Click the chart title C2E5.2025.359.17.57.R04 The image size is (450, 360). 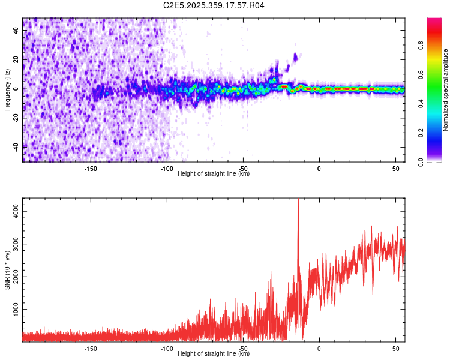pyautogui.click(x=214, y=5)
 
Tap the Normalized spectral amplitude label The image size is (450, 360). pyautogui.click(x=446, y=90)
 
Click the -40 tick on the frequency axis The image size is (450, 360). pyautogui.click(x=14, y=146)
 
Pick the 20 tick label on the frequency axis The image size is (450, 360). pyautogui.click(x=16, y=59)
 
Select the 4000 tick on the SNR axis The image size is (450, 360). pyautogui.click(x=13, y=212)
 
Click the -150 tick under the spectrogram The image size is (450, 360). pyautogui.click(x=91, y=169)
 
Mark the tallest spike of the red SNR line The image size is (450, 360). pyautogui.click(x=298, y=207)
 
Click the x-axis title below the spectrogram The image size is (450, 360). pyautogui.click(x=214, y=174)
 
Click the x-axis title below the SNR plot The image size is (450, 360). pyautogui.click(x=214, y=354)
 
